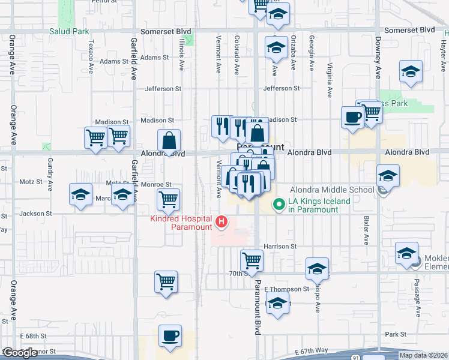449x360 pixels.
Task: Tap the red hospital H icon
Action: click(x=221, y=223)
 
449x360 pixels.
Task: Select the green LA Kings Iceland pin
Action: click(x=279, y=205)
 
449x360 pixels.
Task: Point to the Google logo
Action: click(x=20, y=353)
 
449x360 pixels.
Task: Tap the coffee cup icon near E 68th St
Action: click(x=170, y=335)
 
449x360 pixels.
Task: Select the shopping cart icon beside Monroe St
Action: click(x=169, y=199)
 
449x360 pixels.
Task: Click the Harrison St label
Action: click(x=280, y=246)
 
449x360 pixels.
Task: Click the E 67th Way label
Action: click(x=312, y=350)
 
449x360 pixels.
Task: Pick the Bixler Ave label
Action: click(x=366, y=231)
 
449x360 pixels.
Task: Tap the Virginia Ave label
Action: click(x=330, y=80)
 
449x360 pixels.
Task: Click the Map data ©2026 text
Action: click(x=423, y=355)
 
